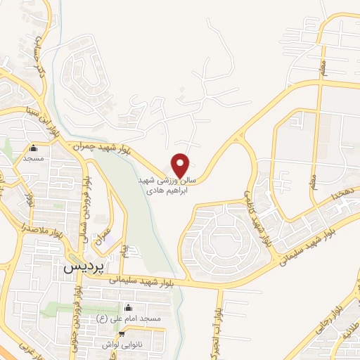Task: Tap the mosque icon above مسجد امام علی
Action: [128, 308]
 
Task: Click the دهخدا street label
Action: [328, 193]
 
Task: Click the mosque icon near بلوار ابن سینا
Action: [33, 148]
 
